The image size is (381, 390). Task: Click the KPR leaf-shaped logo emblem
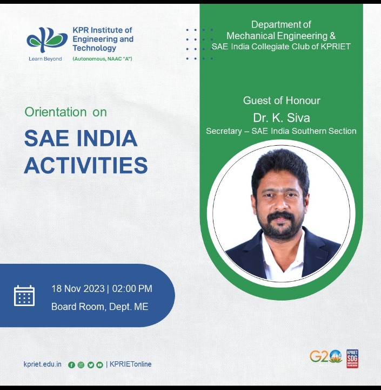[x=47, y=40]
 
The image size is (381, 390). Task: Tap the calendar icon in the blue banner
[x=24, y=296]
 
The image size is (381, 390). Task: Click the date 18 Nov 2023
[x=78, y=289]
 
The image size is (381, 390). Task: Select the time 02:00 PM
[x=132, y=289]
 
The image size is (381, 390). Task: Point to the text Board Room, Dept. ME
[x=100, y=307]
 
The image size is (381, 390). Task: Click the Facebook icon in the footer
[x=71, y=365]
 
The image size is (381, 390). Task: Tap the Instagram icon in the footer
[x=81, y=365]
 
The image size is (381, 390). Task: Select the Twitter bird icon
[x=90, y=365]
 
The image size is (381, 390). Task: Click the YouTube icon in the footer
[x=99, y=365]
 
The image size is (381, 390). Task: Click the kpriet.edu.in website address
[x=43, y=364]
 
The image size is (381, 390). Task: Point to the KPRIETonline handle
[x=131, y=364]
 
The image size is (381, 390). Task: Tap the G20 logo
[x=326, y=357]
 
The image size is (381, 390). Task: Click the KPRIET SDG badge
[x=352, y=359]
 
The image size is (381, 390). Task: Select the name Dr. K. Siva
[x=282, y=118]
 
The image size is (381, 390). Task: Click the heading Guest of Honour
[x=282, y=101]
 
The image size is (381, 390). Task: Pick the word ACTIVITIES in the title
[x=86, y=165]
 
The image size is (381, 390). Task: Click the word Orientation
[x=55, y=112]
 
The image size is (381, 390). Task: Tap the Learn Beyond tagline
[x=45, y=59]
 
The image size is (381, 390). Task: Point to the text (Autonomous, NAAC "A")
[x=102, y=59]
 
